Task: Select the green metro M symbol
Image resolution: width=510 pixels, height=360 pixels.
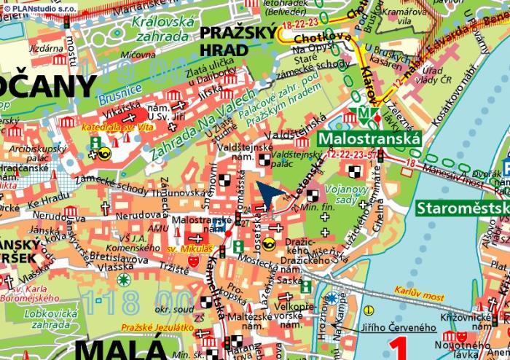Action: pyautogui.click(x=362, y=113)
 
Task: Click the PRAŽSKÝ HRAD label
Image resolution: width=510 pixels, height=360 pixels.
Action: pyautogui.click(x=238, y=40)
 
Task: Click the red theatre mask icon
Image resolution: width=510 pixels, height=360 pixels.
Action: pyautogui.click(x=194, y=259)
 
